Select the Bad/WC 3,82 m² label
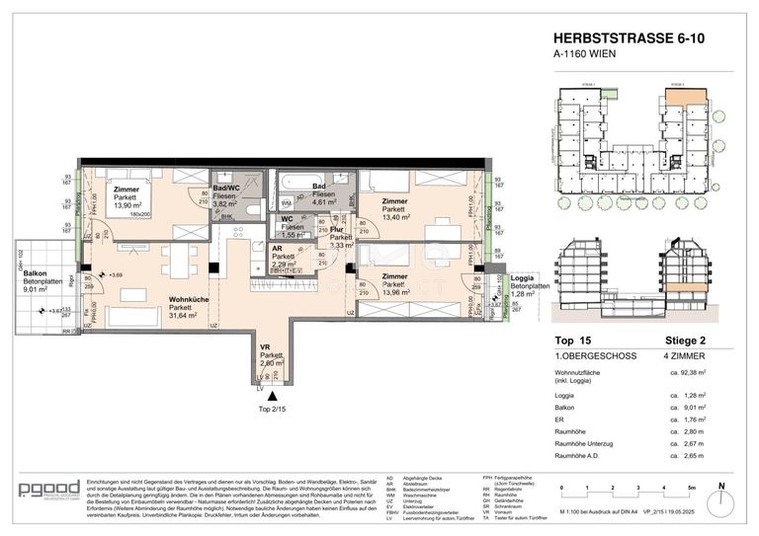click(x=227, y=189)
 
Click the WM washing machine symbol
click(x=286, y=201)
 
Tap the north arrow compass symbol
click(x=722, y=491)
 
